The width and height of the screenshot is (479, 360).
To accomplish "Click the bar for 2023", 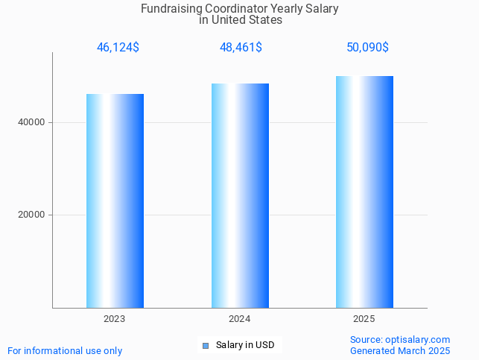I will click(115, 200).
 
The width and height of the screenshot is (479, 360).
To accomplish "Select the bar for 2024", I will click(240, 195).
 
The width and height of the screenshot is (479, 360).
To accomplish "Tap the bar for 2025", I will click(364, 192).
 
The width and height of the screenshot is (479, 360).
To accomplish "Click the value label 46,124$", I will click(118, 48).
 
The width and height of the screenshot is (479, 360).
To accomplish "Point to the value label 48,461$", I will click(240, 48).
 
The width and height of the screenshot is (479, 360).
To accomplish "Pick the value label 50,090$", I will click(367, 48).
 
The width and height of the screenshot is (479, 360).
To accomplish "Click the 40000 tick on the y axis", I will click(31, 122).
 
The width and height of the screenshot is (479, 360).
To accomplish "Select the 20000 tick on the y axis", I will click(31, 215).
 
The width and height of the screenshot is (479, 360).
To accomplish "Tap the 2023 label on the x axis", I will click(115, 319).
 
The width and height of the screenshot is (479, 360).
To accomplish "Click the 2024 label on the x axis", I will click(240, 319).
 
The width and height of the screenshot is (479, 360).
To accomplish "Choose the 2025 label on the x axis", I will click(364, 319).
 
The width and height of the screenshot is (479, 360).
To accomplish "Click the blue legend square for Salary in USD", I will click(206, 345).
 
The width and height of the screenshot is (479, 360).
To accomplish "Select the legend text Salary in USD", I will click(245, 345).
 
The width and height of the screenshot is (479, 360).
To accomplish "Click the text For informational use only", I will click(65, 350).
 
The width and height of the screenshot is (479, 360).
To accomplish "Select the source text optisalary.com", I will click(417, 339).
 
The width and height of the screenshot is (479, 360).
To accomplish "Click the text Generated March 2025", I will click(400, 350).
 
